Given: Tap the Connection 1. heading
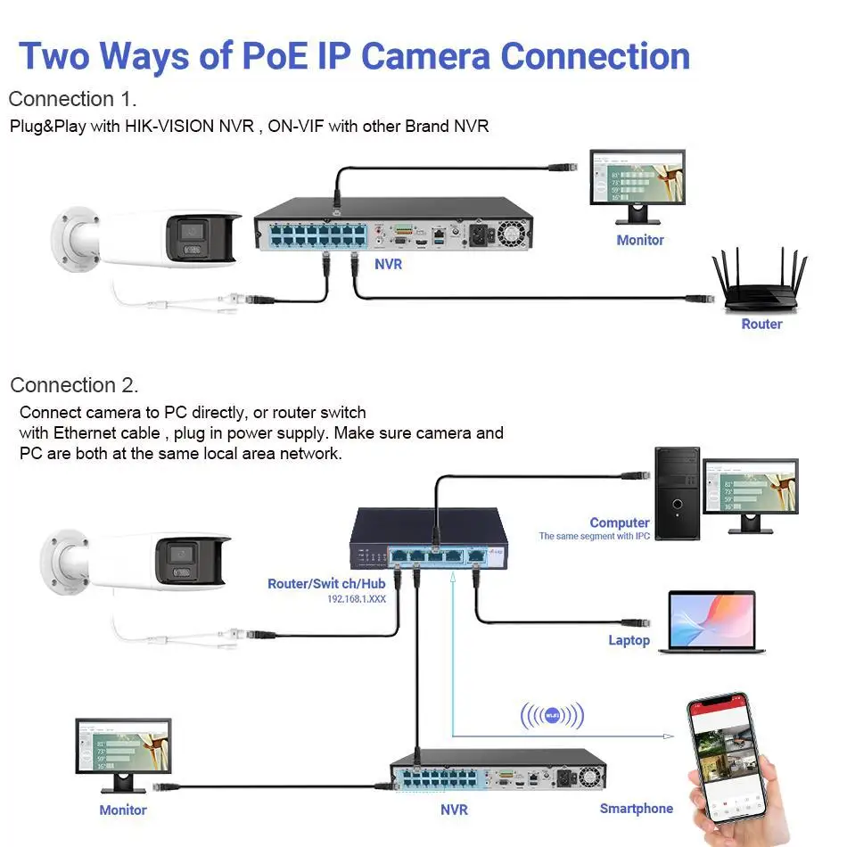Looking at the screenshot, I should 72,99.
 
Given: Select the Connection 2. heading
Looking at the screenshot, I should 74,385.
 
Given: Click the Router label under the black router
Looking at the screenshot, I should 761,325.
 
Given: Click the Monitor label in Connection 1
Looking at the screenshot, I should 640,240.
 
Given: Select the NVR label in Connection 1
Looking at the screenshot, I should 388,264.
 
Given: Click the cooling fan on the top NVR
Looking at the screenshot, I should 512,234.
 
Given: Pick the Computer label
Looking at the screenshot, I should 619,522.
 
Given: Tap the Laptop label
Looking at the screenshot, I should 629,640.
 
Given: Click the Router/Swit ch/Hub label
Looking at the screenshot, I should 326,584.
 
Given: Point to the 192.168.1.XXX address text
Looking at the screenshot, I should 356,599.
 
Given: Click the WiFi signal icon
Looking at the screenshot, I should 552,715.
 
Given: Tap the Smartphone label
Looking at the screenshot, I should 636,809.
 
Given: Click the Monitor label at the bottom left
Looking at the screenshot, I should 123,810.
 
